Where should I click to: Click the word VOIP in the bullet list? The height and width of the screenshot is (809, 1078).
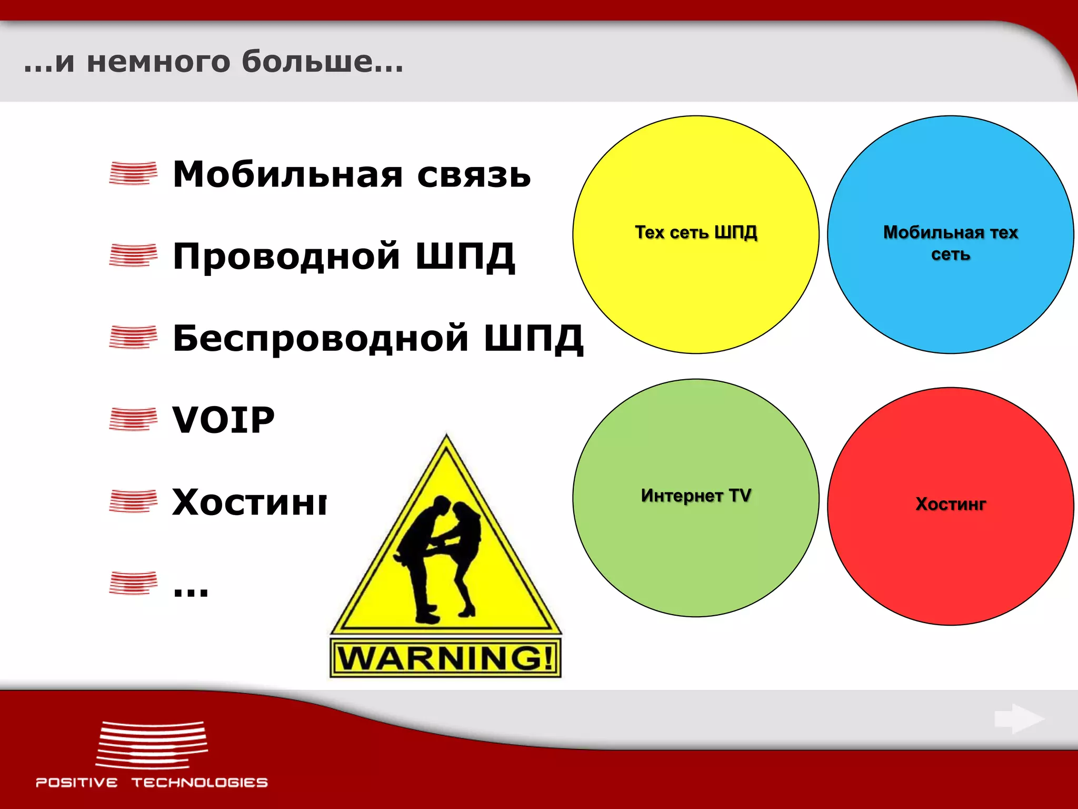pos(223,420)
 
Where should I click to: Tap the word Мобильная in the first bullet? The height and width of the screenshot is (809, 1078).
pos(287,174)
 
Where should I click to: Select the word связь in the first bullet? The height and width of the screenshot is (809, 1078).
pos(474,175)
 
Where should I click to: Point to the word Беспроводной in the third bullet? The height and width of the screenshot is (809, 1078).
pos(320,338)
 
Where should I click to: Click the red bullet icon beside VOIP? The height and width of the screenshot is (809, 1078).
pos(133,420)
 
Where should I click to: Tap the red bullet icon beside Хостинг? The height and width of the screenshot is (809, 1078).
pos(133,501)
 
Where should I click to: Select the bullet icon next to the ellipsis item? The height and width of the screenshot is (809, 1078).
pos(133,583)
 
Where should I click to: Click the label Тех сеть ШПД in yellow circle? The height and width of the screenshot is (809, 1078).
pos(696,232)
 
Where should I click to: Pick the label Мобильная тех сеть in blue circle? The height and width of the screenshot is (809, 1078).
pos(951,243)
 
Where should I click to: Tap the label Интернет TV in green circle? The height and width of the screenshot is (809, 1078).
pos(696,496)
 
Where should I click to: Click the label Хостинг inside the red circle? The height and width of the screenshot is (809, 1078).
pos(951,504)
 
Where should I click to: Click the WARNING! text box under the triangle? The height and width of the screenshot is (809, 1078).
pos(445,658)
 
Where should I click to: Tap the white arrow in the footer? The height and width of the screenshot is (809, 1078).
pos(1019,718)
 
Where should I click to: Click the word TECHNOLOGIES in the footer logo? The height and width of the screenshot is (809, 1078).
pos(199,783)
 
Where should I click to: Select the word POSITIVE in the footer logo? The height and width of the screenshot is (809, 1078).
pos(77,783)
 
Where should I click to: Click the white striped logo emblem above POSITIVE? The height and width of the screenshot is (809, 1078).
pos(152,745)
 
